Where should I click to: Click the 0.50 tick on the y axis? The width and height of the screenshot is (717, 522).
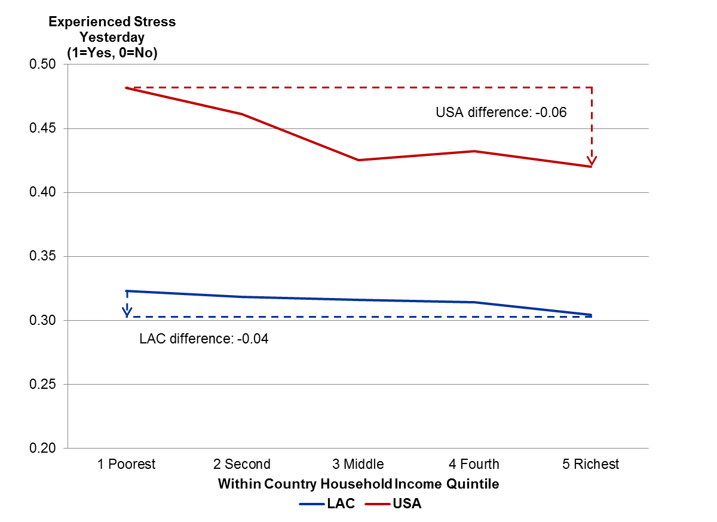42,65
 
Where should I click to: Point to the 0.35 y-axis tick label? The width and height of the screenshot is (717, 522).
42,257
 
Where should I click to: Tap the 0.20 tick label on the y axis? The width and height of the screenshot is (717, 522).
42,449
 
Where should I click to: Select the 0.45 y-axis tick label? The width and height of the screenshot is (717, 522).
42,128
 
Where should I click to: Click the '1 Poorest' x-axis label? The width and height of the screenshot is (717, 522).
127,464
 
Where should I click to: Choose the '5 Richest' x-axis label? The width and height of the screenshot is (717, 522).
590,464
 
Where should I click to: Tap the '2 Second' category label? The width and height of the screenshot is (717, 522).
242,464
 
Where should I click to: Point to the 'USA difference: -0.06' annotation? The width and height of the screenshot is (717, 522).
501,112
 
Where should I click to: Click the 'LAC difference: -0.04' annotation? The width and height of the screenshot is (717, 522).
204,339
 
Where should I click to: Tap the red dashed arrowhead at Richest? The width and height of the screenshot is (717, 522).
592,161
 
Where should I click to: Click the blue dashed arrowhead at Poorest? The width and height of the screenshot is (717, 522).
127,311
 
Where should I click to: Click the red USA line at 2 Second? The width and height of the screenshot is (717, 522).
242,113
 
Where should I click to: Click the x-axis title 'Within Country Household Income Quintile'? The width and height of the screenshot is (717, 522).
358,484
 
